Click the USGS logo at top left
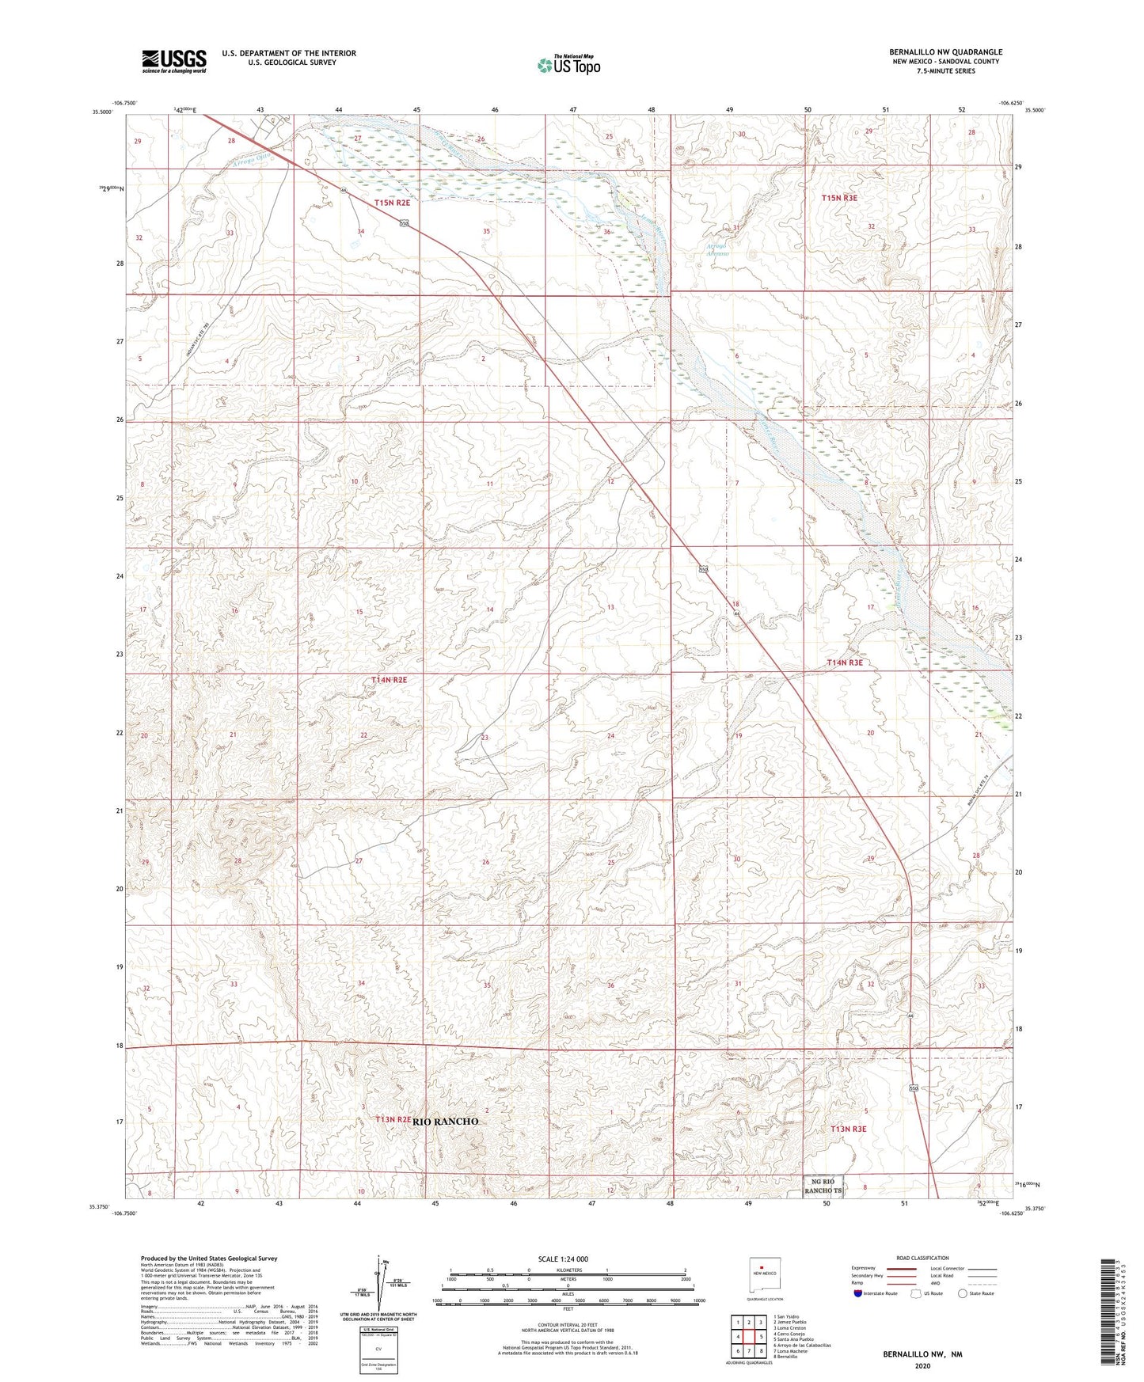tap(174, 61)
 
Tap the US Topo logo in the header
tap(568, 65)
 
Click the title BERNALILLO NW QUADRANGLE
tap(945, 52)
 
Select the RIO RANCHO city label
tap(445, 1122)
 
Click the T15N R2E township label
tap(393, 203)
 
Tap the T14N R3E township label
tap(844, 663)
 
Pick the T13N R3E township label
tap(848, 1129)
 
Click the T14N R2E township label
tap(389, 680)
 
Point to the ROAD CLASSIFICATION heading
tap(922, 1258)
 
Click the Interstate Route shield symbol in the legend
tap(859, 1293)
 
